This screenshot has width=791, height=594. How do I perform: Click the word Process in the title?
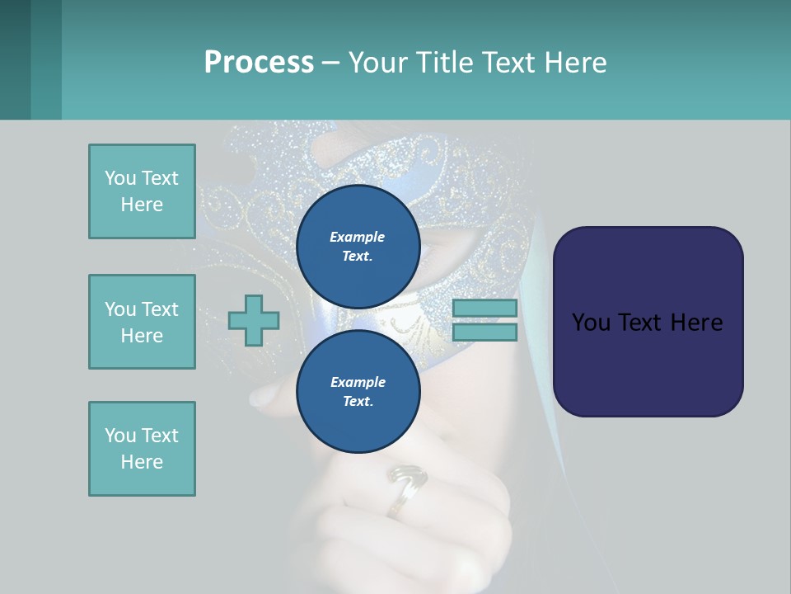pyautogui.click(x=259, y=63)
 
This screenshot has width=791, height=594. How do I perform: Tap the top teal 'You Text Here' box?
pyautogui.click(x=142, y=191)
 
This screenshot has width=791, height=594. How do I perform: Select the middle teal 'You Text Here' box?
pyautogui.click(x=142, y=322)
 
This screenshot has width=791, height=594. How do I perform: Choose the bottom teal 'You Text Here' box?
pyautogui.click(x=142, y=449)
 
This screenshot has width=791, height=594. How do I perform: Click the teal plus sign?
pyautogui.click(x=254, y=320)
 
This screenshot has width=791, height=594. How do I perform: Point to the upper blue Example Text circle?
pyautogui.click(x=358, y=246)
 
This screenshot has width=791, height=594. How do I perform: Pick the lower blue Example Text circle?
pyautogui.click(x=358, y=391)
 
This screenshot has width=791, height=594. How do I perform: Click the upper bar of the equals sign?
pyautogui.click(x=484, y=308)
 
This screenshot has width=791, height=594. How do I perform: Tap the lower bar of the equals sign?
pyautogui.click(x=484, y=332)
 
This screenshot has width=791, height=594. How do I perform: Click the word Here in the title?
pyautogui.click(x=574, y=63)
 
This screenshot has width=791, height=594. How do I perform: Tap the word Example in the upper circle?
pyautogui.click(x=358, y=237)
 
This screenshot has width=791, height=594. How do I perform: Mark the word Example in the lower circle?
pyautogui.click(x=358, y=382)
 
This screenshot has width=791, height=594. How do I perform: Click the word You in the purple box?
pyautogui.click(x=591, y=323)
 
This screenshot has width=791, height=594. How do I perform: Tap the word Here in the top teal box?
pyautogui.click(x=142, y=205)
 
